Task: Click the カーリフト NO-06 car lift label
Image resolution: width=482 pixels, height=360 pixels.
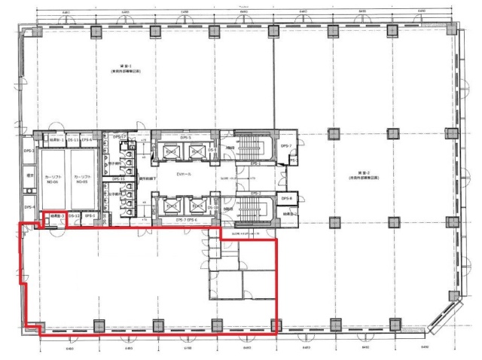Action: (53, 180)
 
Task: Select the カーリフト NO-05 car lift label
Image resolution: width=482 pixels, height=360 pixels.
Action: (82, 180)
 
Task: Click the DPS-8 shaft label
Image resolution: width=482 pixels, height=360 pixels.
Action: (285, 198)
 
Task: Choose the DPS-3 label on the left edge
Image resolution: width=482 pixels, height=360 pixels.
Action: (29, 151)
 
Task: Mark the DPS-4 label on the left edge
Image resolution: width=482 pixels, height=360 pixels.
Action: (29, 206)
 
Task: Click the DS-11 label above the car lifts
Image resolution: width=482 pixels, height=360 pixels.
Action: (72, 139)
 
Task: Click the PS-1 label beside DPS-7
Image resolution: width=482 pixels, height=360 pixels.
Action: (292, 160)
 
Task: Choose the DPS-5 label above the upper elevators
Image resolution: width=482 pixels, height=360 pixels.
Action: (185, 137)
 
